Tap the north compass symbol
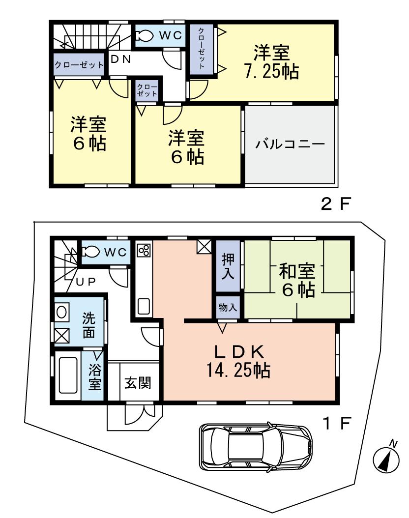click(x=386, y=459)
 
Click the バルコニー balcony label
click(x=290, y=145)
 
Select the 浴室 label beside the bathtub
click(x=94, y=376)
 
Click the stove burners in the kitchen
click(x=145, y=251)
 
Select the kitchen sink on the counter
click(x=144, y=306)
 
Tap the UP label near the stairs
click(x=85, y=281)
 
